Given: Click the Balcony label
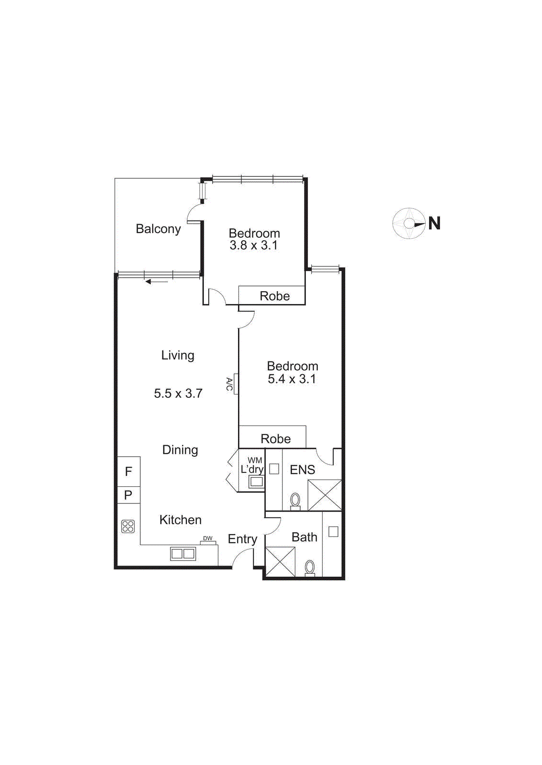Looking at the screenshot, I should (158, 229).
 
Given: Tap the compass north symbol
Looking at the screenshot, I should (409, 223).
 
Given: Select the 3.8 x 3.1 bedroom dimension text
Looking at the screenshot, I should (253, 245).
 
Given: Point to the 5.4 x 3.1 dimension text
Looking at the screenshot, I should (292, 379).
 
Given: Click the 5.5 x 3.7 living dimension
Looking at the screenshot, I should (178, 393).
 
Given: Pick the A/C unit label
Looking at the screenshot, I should (229, 383).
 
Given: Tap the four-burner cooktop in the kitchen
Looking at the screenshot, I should (128, 526).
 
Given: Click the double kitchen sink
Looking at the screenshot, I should (183, 554).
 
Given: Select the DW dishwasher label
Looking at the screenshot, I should (208, 538).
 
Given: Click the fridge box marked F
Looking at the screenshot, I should (128, 471).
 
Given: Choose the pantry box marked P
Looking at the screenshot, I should (128, 495).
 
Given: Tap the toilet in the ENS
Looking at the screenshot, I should (295, 501).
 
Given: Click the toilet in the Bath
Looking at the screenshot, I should (310, 568).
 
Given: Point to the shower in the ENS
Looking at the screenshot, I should (325, 495).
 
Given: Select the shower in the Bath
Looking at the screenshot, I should (280, 561).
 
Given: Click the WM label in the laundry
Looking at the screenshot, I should (255, 460).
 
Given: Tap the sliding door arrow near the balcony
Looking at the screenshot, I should (156, 282).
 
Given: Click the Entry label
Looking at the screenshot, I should (242, 539).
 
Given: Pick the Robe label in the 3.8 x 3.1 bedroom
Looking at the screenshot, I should (275, 296).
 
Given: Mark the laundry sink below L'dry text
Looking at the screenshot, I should (256, 482).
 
